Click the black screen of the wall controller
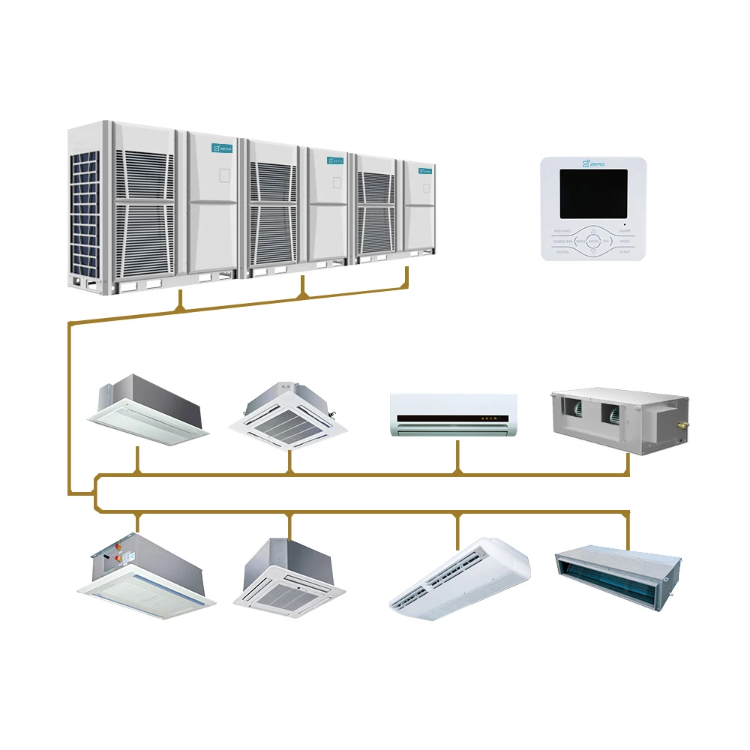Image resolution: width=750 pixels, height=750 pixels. (x=593, y=193)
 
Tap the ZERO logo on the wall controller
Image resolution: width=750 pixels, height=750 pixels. (x=593, y=163)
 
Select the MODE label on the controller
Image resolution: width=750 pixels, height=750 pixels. (x=625, y=241)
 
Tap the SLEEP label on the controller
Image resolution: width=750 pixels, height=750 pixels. (x=625, y=253)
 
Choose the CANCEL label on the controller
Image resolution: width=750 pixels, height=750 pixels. (x=562, y=253)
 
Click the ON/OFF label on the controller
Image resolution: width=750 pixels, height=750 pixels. (x=625, y=230)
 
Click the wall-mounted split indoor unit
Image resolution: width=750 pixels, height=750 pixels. (x=454, y=415)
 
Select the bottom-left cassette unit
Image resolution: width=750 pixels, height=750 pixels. (x=145, y=577)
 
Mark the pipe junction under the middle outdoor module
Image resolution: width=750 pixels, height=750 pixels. (x=302, y=295)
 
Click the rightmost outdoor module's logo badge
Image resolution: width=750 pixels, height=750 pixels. (x=425, y=169)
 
